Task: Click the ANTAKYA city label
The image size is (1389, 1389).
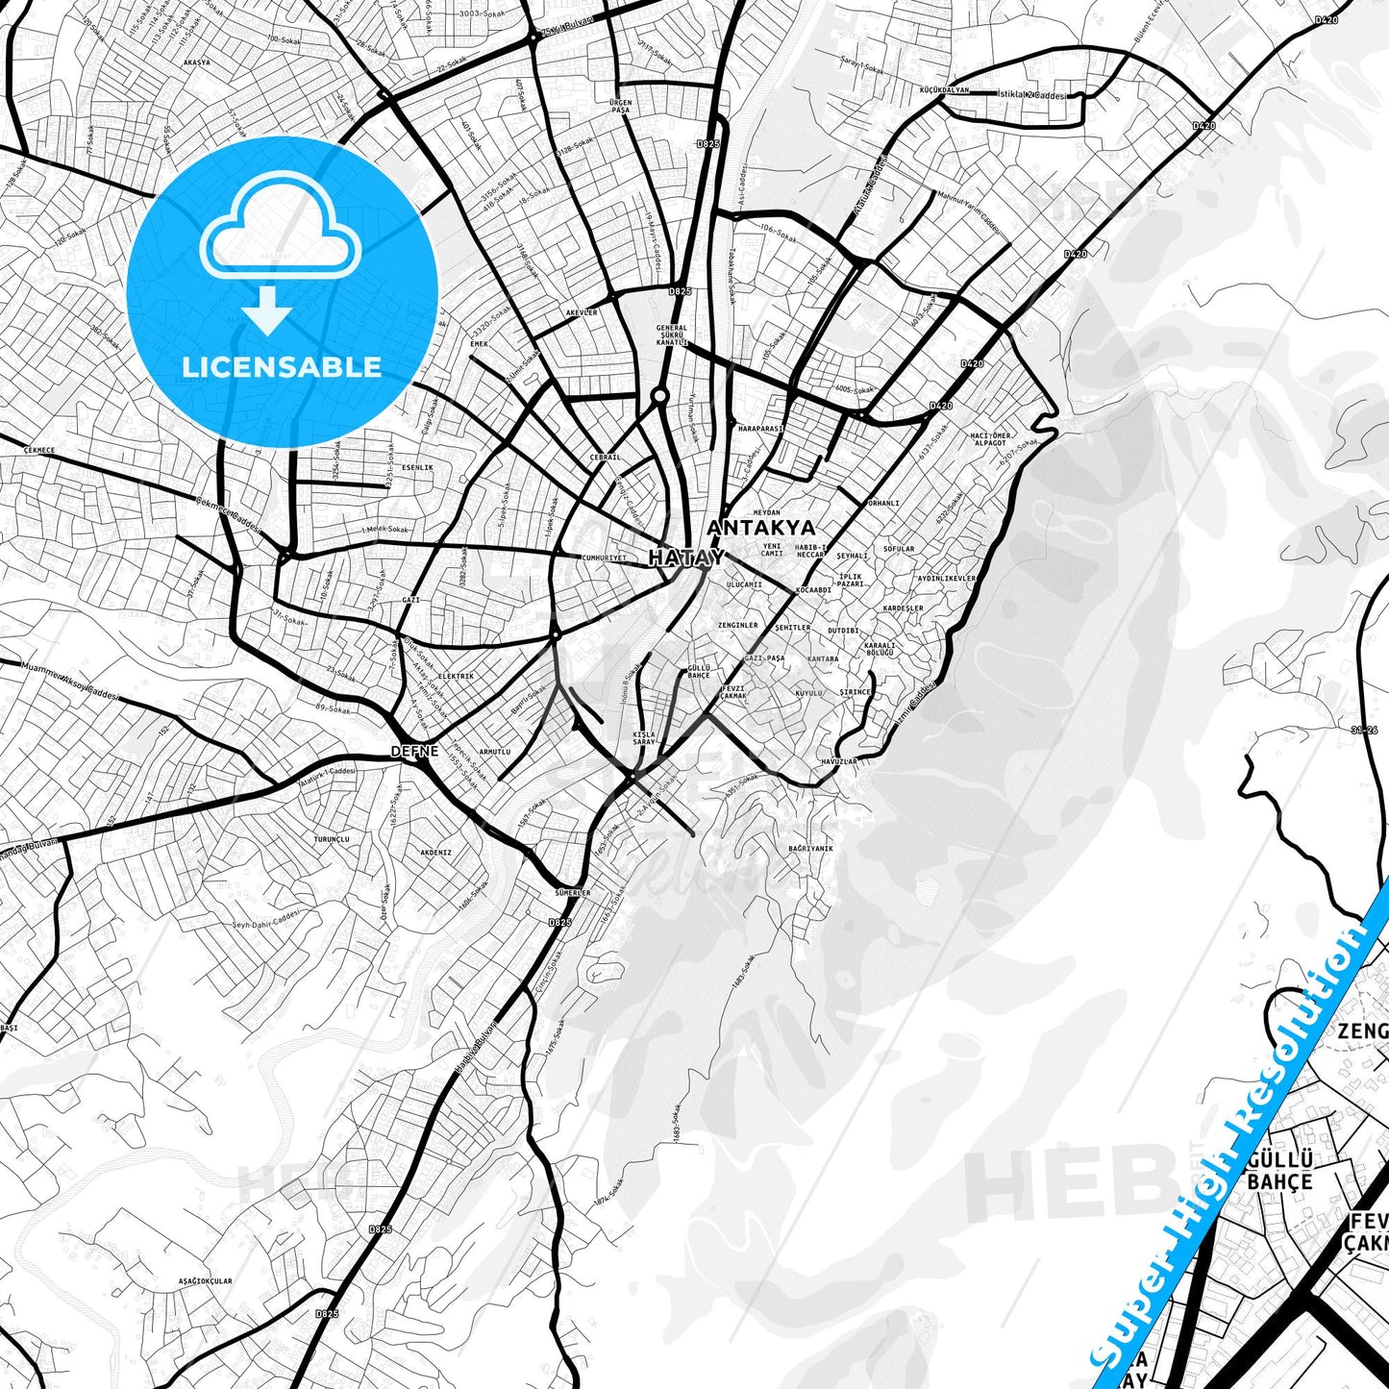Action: (x=760, y=528)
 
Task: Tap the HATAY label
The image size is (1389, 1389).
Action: (x=685, y=558)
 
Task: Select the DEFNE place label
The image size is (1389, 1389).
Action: (x=414, y=751)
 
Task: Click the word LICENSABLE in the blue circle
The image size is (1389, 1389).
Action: (x=282, y=366)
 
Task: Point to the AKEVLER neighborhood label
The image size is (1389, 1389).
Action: (x=582, y=312)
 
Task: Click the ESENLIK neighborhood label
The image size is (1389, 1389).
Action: (x=417, y=467)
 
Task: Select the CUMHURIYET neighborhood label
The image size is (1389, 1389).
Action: (x=605, y=558)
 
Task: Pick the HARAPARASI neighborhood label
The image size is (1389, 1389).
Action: (x=761, y=428)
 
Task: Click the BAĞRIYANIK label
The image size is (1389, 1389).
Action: (x=810, y=849)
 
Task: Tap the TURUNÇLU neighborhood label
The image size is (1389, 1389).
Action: (x=332, y=839)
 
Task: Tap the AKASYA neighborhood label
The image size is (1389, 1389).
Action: (x=196, y=62)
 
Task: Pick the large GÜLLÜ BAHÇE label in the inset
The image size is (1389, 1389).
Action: (x=1279, y=1171)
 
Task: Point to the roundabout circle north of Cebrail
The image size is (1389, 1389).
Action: (x=659, y=395)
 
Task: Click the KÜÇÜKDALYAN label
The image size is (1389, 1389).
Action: (x=944, y=89)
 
